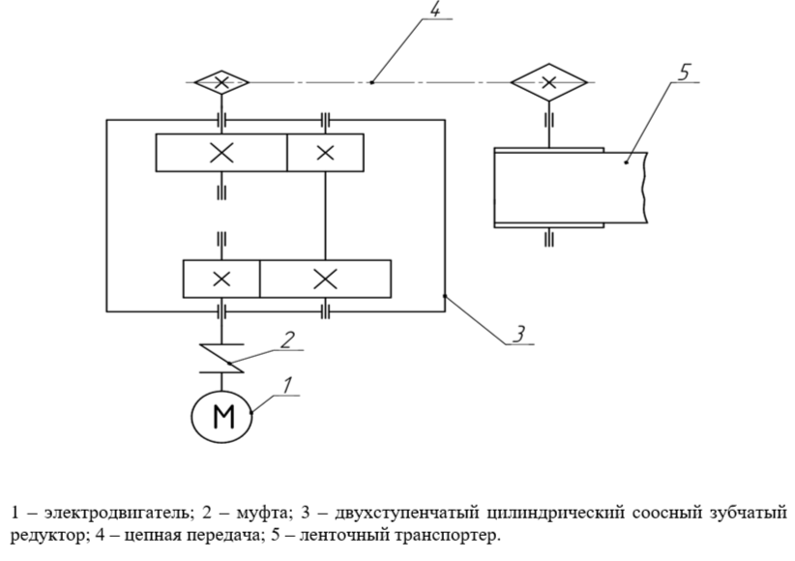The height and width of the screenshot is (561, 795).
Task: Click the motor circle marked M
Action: (222, 415)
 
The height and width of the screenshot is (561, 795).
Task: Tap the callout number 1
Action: (285, 385)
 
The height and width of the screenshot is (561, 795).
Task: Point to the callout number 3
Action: (519, 335)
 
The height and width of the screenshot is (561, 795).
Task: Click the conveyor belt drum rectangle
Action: (549, 187)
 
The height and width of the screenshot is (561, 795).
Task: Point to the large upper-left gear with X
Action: (221, 152)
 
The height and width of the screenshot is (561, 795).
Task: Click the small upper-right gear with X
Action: (325, 152)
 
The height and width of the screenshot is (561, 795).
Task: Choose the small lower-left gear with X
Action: (221, 279)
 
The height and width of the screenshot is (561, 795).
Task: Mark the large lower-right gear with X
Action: (325, 279)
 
